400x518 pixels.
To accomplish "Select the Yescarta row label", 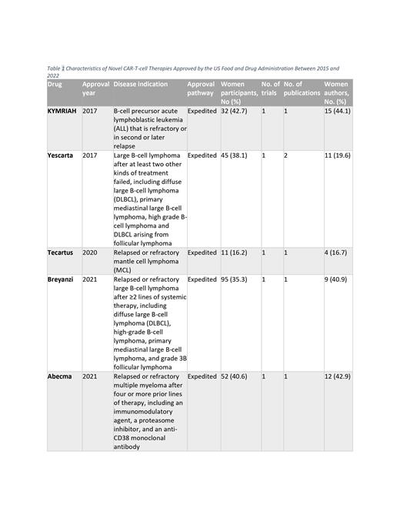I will tap(62, 155).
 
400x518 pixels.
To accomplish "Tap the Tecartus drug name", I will tap(62, 252).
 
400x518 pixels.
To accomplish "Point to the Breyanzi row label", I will tap(63, 279).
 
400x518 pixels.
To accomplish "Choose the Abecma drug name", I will tap(62, 376).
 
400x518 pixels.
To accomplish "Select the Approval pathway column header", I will tap(201, 89).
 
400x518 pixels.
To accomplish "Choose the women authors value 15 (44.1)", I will tap(338, 112).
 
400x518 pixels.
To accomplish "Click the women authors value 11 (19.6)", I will tap(338, 155).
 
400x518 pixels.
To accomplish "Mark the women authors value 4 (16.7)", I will tap(336, 252).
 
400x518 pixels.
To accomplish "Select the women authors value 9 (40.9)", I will tap(336, 279).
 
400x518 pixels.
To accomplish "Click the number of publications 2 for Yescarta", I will tap(285, 155).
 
